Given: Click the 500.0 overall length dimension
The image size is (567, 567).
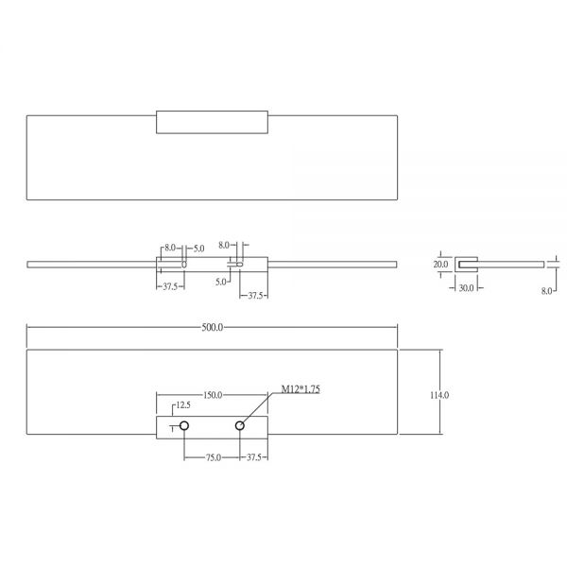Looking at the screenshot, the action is point(213,328).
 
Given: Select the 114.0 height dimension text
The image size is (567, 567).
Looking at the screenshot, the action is point(439,395).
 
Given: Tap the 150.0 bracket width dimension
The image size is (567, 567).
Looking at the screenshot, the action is point(213,395).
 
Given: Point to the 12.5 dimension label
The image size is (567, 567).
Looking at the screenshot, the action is point(183,405).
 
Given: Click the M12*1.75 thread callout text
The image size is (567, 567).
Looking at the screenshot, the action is point(301,389).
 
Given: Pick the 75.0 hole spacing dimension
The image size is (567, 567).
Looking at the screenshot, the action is point(214,457).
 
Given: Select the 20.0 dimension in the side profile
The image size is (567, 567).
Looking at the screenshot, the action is point(440,265).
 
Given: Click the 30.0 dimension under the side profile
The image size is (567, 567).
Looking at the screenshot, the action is point(466,288).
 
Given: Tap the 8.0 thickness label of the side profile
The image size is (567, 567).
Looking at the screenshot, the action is point(546,291).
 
